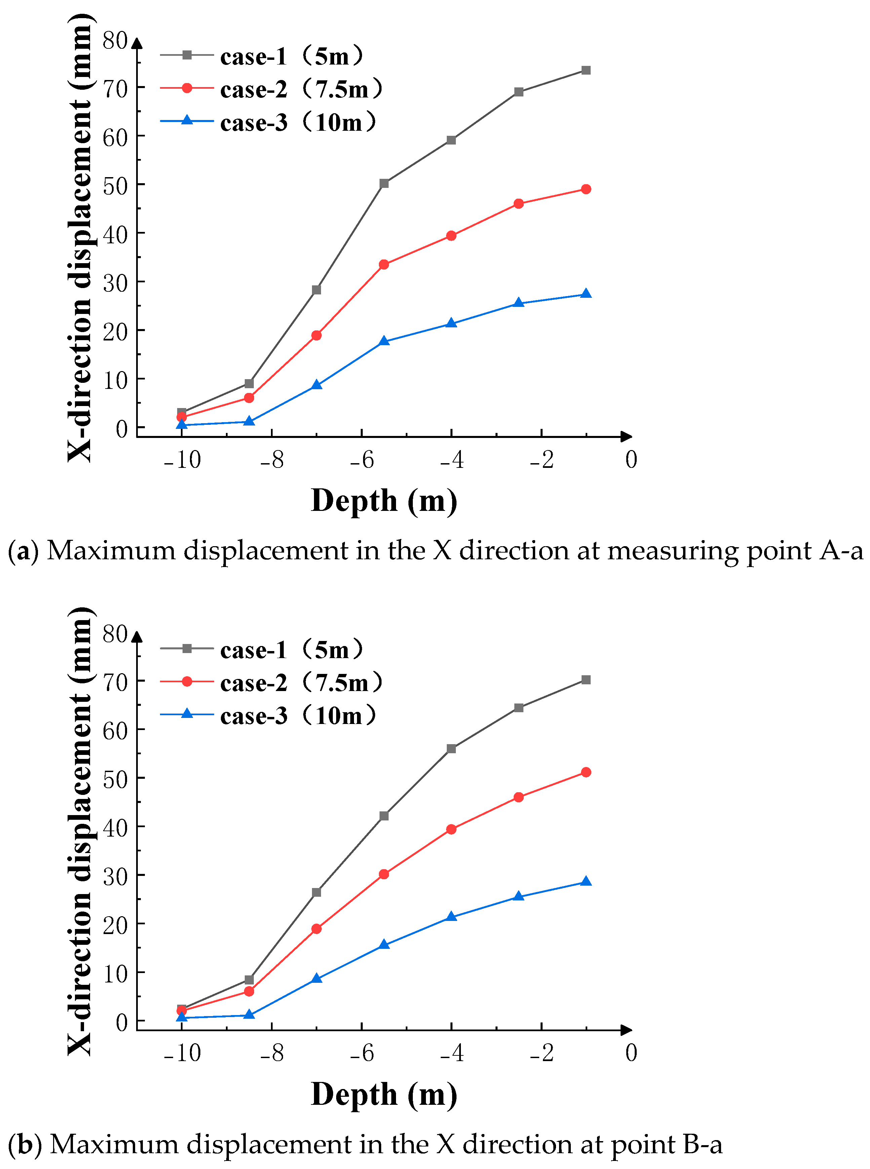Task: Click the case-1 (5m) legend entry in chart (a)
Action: tap(262, 56)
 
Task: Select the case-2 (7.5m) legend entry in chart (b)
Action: tap(271, 682)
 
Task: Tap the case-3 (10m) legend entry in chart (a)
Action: tap(269, 122)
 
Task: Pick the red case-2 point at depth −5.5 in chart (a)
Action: tap(384, 264)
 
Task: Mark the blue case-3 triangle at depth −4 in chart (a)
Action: tap(451, 323)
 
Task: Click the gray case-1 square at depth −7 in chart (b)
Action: tap(317, 892)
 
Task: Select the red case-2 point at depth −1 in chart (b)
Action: tap(586, 772)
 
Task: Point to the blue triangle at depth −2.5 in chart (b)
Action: tap(519, 896)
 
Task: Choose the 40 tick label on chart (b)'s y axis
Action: tap(115, 828)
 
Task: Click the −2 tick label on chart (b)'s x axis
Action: tap(542, 1053)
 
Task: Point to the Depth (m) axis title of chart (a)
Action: tap(384, 501)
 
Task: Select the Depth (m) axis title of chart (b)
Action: tap(384, 1094)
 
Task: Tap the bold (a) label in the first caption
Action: tap(24, 551)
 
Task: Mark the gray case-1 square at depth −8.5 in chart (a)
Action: tap(249, 384)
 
